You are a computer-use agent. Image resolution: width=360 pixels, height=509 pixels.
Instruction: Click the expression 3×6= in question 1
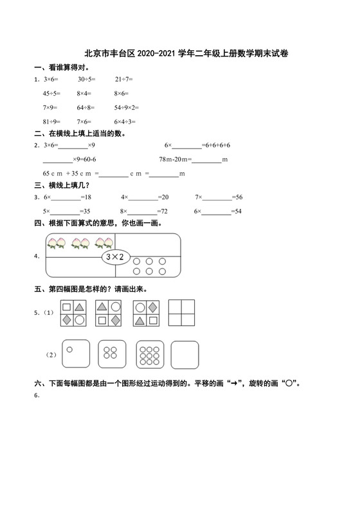pos(51,79)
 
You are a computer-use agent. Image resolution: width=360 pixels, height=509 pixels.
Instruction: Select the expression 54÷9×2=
pos(127,107)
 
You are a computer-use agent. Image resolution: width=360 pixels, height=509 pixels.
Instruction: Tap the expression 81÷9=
pos(51,121)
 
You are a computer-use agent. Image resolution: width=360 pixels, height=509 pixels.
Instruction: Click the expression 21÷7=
pos(124,79)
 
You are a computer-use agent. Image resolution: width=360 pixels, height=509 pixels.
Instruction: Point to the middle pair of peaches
pos(80,243)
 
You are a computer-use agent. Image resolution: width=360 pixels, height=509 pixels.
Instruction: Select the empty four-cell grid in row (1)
pos(183,314)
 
